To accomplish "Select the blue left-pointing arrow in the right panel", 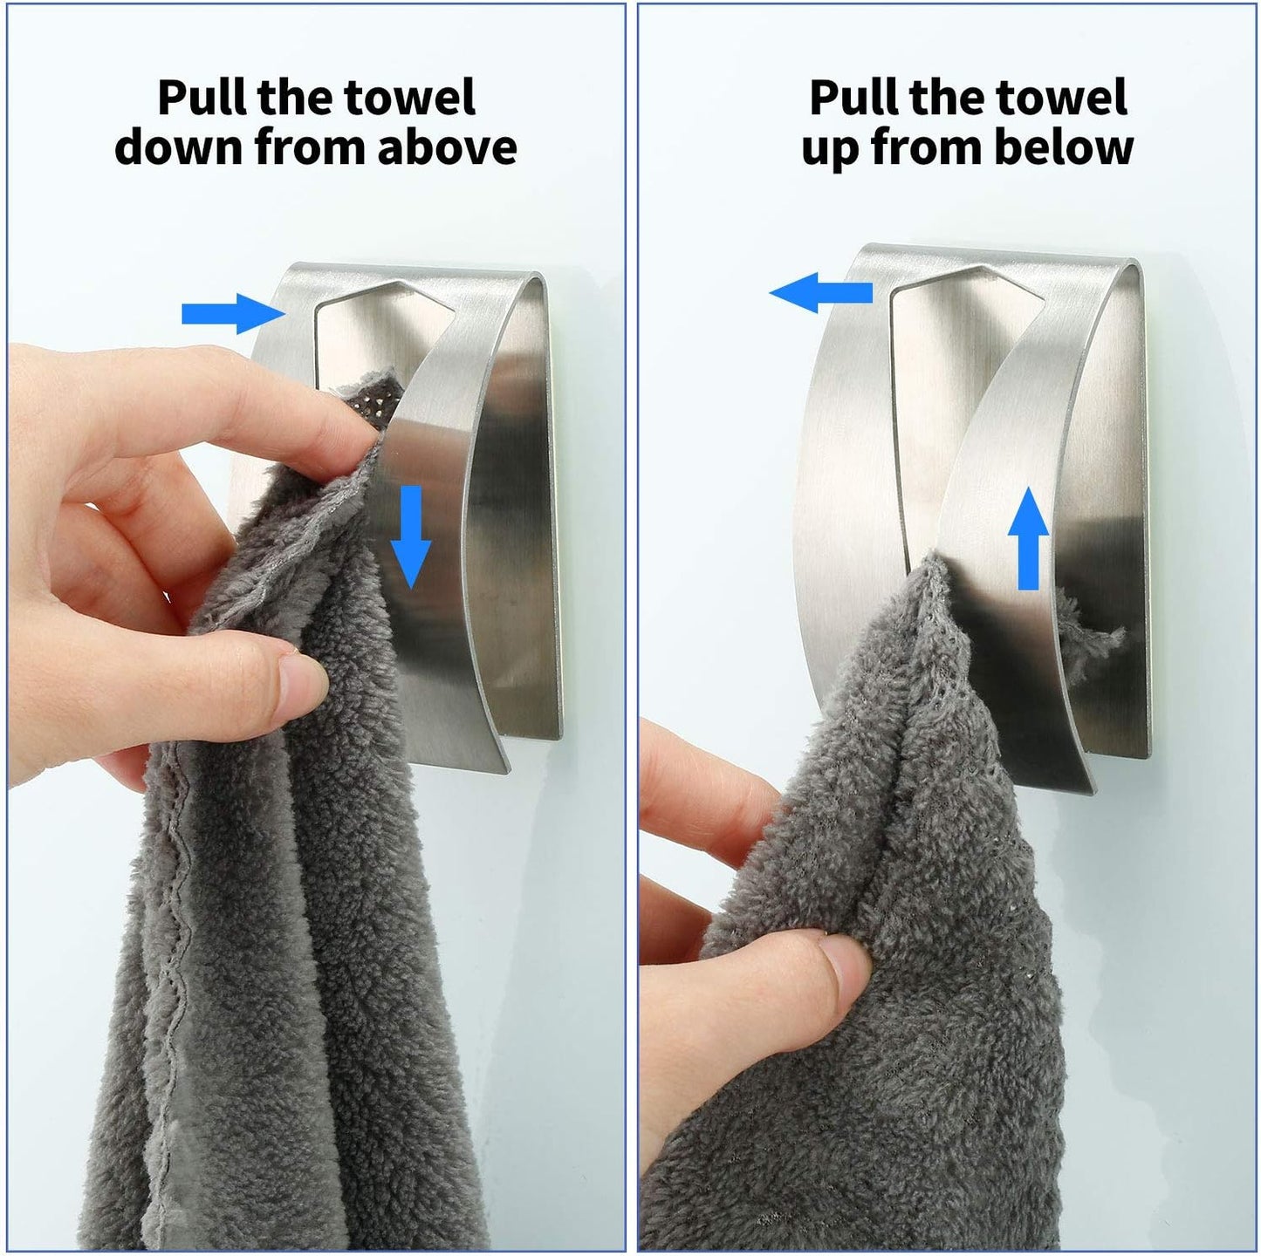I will [820, 292].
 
